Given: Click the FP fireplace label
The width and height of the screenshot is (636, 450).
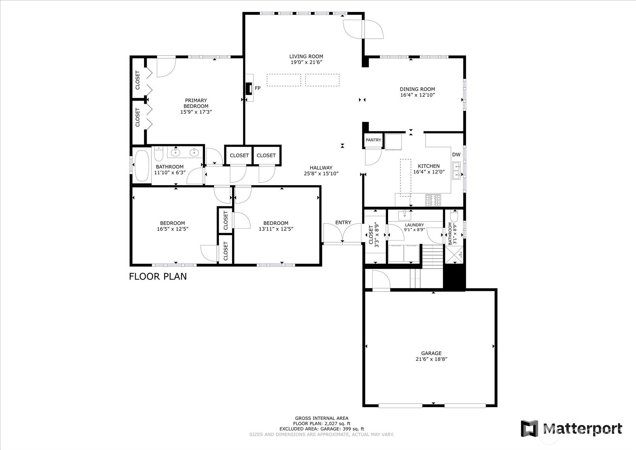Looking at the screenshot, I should (x=258, y=89).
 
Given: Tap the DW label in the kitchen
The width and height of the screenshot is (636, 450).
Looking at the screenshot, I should (x=456, y=155).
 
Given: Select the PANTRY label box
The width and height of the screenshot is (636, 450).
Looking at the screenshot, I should (x=373, y=140).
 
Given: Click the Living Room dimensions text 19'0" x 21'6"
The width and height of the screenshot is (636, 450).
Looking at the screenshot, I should (x=306, y=62).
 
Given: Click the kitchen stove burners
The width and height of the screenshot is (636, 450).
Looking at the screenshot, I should (x=433, y=200).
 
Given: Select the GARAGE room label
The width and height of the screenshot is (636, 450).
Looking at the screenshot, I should (x=431, y=353).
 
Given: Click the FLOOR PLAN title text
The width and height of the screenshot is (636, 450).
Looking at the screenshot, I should (x=158, y=276).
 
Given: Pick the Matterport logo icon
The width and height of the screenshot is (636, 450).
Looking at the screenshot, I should (x=529, y=428).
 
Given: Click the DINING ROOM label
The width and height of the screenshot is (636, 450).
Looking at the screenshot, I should (x=417, y=89).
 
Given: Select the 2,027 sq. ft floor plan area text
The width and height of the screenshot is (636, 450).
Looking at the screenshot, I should (x=322, y=423).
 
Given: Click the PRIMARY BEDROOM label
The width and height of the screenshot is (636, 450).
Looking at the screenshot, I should (x=196, y=103).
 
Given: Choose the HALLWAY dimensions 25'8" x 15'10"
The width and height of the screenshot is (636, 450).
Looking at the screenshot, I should (x=321, y=174).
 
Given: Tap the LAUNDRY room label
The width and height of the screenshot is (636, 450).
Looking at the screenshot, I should (x=414, y=225).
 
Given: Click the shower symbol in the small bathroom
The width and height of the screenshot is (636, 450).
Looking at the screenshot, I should (x=454, y=254).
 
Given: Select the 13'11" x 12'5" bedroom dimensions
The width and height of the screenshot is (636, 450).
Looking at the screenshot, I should (x=276, y=229).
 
